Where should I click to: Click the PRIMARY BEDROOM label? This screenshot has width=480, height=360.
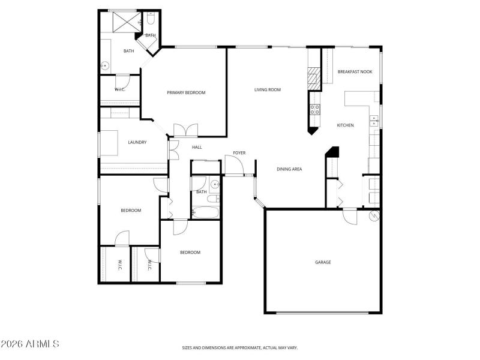tap(186, 92)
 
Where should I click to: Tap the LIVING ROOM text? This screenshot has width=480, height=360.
tap(268, 90)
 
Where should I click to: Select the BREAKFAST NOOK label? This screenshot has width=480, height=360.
tap(355, 71)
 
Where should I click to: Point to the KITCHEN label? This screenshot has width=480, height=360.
tap(345, 125)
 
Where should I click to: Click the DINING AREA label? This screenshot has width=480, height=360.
tap(289, 169)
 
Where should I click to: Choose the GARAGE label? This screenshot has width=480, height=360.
tap(323, 262)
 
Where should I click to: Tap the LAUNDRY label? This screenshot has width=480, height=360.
tap(137, 142)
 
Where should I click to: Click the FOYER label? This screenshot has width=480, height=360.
tap(239, 153)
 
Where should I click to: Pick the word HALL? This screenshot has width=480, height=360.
tap(197, 147)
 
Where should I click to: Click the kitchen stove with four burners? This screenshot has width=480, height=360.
tap(314, 109)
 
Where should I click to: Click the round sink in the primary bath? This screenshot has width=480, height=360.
tap(104, 65)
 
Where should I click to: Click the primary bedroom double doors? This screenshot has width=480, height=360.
tap(185, 130)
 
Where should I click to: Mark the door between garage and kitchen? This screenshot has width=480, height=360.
tap(350, 215)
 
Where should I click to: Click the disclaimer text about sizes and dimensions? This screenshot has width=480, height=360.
tap(240, 347)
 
